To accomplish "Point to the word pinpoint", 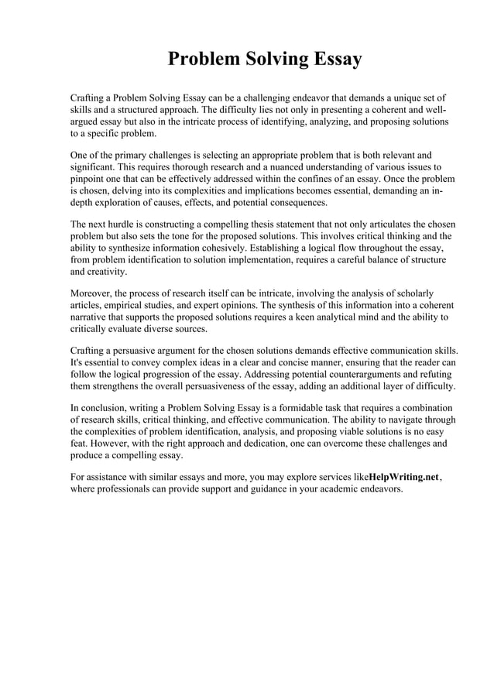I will (x=89, y=179).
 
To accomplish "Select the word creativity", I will (x=98, y=273).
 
